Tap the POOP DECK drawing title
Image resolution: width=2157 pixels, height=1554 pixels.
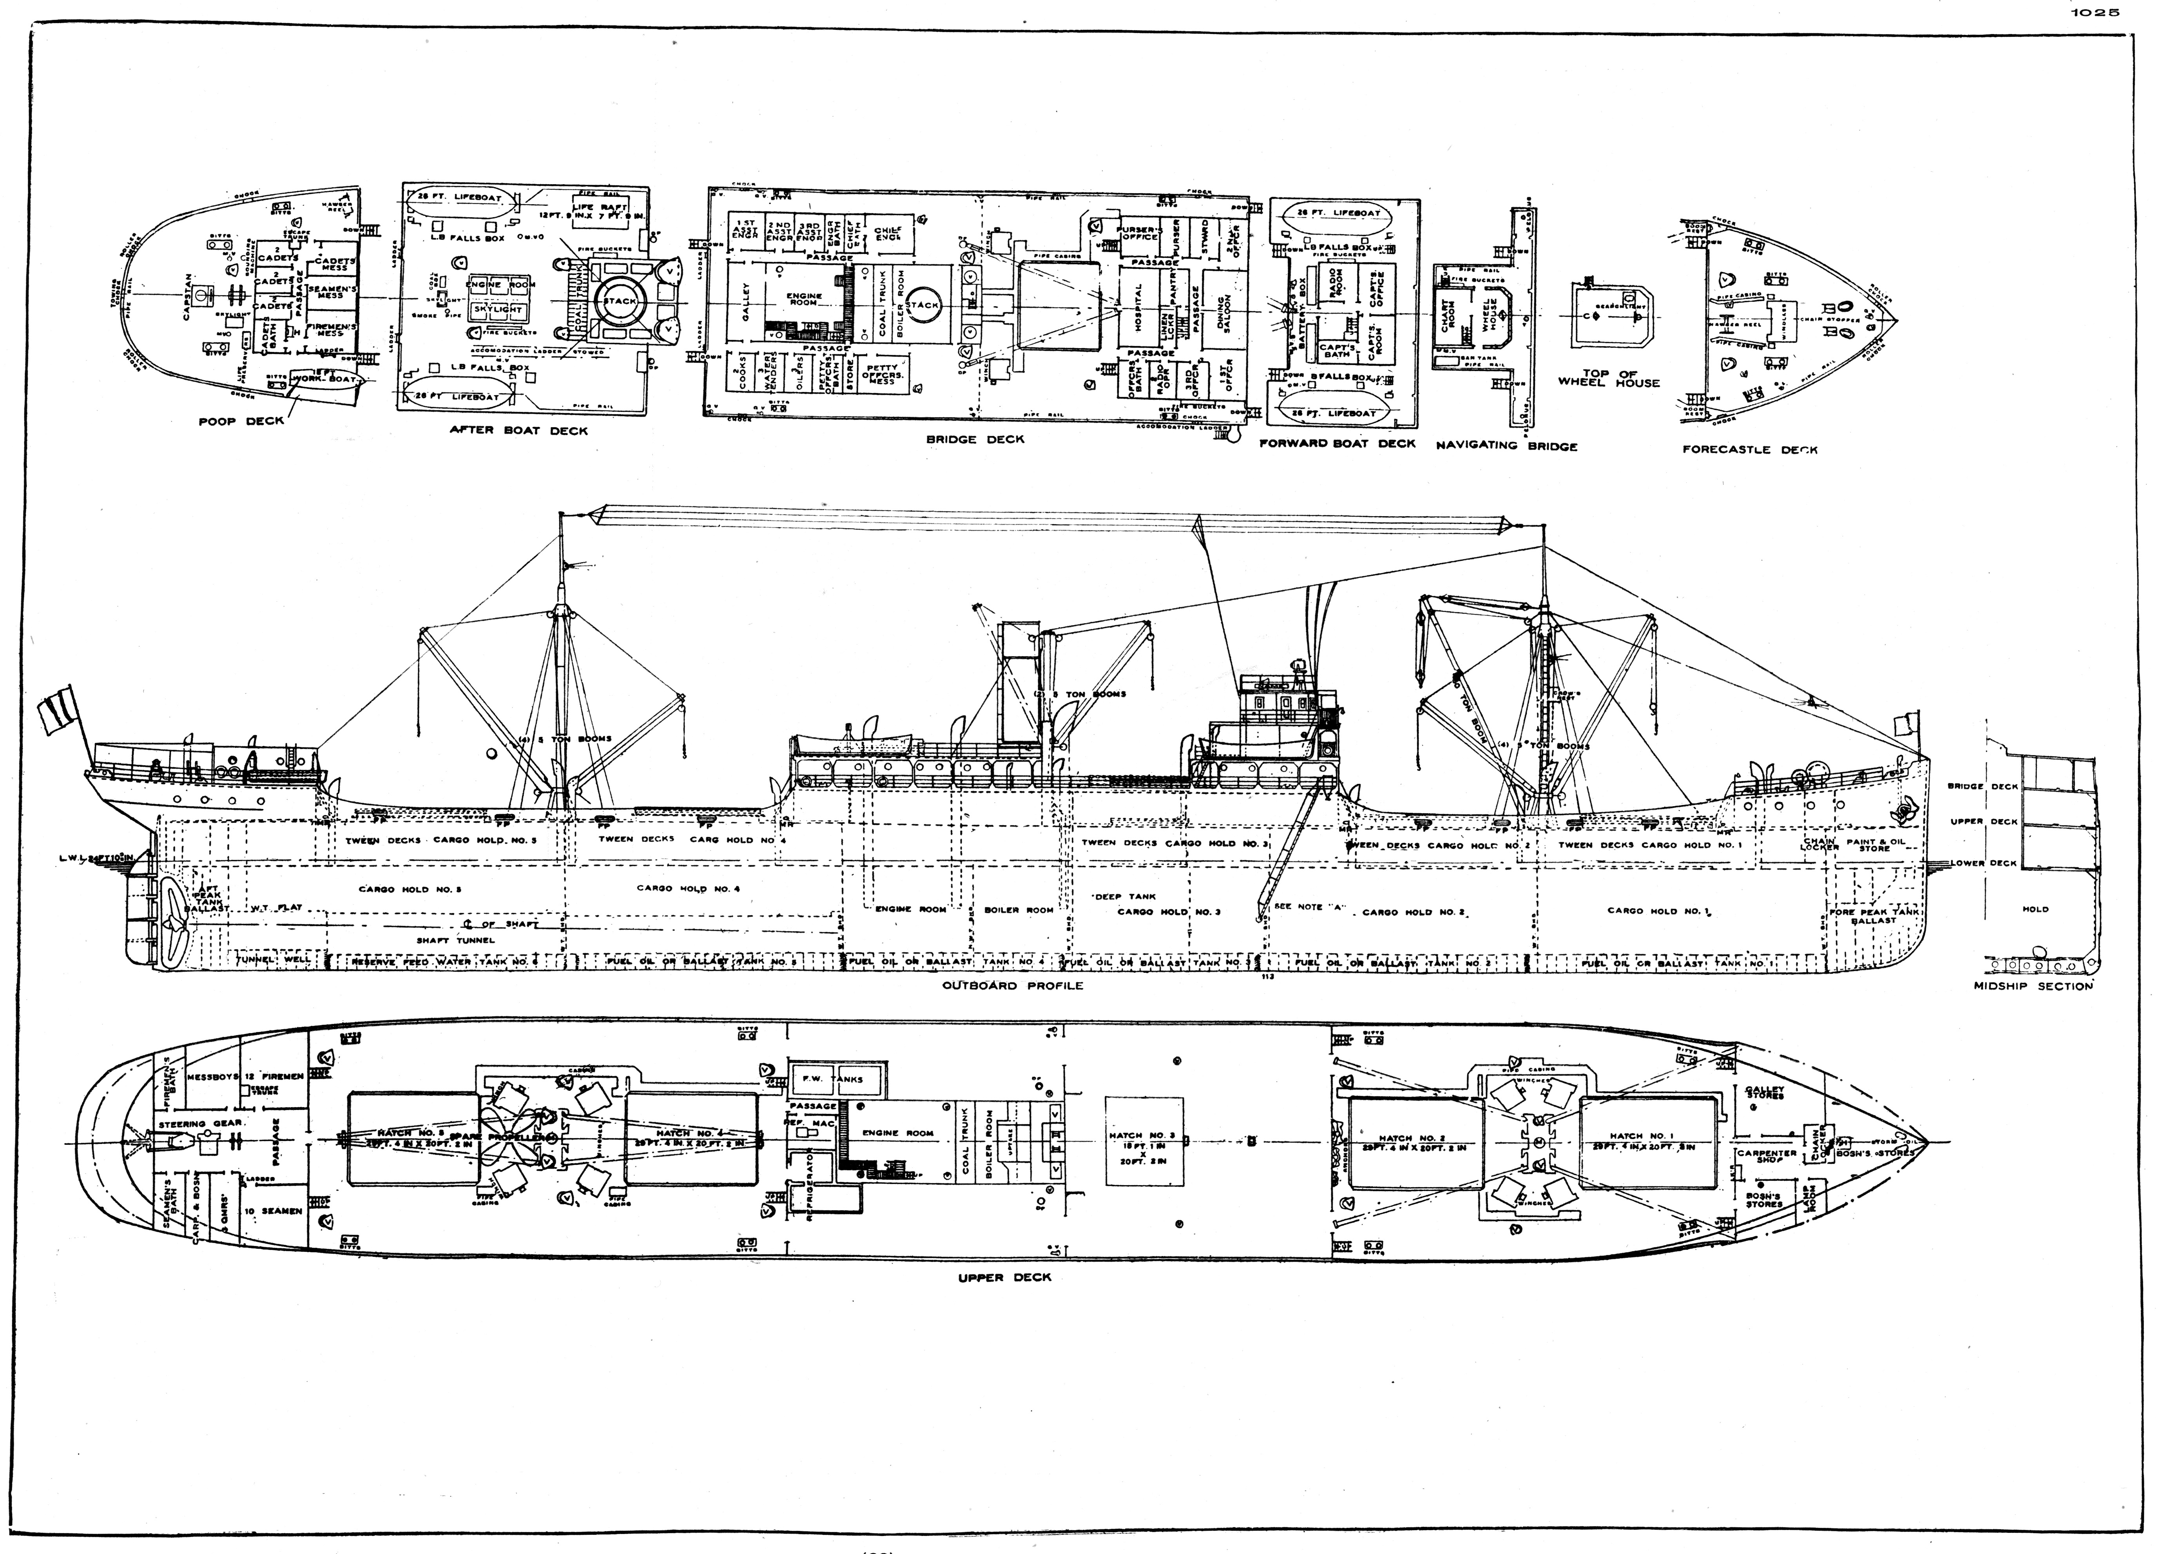pos(241,421)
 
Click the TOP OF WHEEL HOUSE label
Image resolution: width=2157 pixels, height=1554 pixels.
pos(1608,379)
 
